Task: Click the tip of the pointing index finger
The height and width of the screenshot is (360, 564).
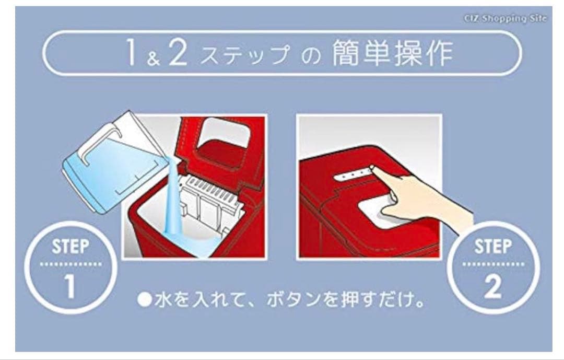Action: [x=372, y=169]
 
